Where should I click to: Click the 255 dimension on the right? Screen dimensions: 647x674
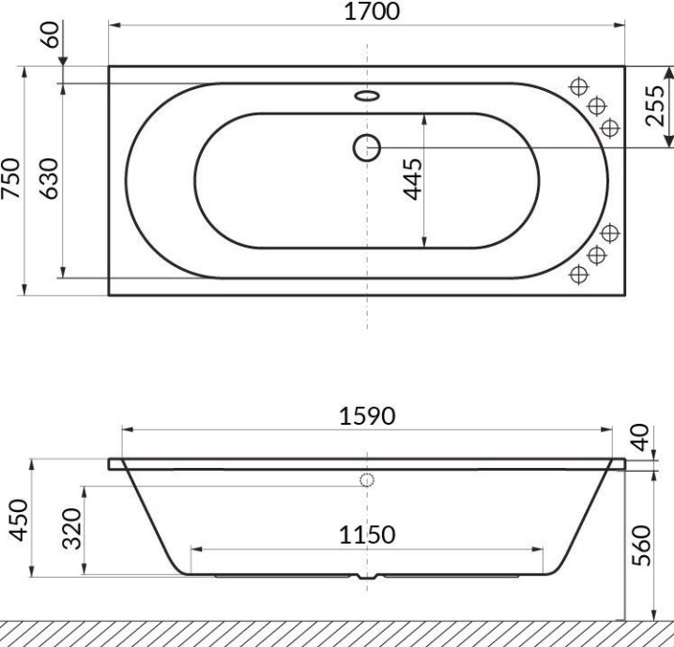coord(656,106)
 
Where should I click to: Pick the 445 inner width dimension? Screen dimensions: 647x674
coord(410,179)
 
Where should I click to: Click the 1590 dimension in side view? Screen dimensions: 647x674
coord(367,415)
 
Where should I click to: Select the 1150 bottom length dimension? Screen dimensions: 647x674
coord(367,534)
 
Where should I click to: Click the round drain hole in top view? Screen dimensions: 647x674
coord(366,146)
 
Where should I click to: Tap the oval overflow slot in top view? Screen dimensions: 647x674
coord(366,95)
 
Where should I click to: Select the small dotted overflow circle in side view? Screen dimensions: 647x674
coord(366,480)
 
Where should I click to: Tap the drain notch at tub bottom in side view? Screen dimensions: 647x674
coord(366,577)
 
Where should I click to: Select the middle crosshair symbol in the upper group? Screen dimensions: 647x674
coord(594,106)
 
